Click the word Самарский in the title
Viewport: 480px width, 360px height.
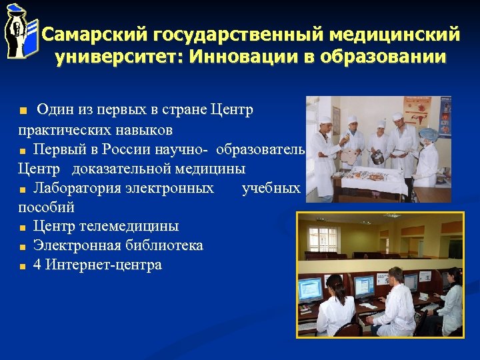(x=93, y=34)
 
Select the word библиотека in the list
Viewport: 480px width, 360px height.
(x=163, y=245)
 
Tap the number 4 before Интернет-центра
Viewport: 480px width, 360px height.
(x=37, y=265)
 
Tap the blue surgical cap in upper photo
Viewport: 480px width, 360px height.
(x=427, y=134)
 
